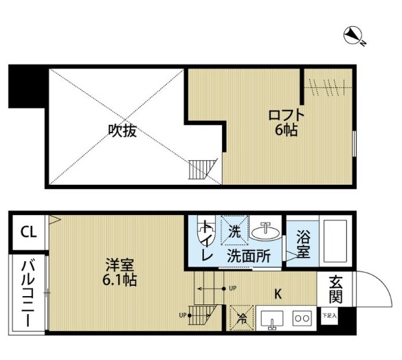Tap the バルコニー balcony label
tap(27, 293)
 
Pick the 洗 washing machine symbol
tap(235, 232)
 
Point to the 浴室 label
tap(303, 246)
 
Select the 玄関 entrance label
tap(336, 289)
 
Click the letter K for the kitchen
tap(279, 295)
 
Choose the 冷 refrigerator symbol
tap(241, 317)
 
